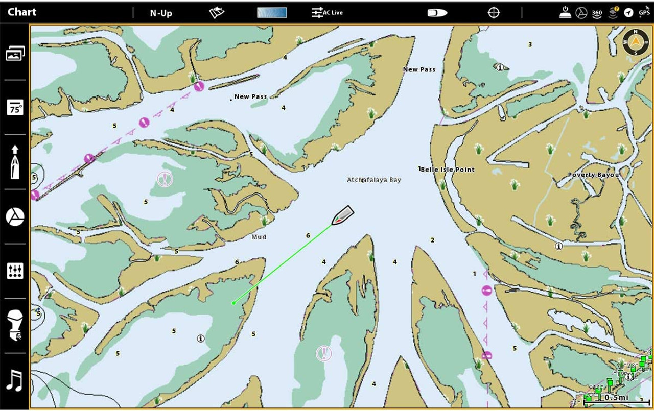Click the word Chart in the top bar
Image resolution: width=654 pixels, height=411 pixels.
(x=22, y=12)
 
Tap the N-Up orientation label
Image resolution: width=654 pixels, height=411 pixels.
(x=161, y=13)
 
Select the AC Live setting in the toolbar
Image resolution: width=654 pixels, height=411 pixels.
(x=328, y=13)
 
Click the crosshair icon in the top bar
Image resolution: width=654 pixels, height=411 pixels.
(x=494, y=13)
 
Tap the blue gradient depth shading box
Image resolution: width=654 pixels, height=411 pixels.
(x=272, y=13)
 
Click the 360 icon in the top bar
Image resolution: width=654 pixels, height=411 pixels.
(x=597, y=13)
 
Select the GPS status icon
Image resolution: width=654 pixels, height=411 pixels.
(x=644, y=12)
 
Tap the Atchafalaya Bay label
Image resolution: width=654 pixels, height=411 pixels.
(x=374, y=180)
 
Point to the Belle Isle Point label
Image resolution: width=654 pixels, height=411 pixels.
(x=448, y=170)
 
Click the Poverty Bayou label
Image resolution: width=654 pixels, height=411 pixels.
(x=593, y=175)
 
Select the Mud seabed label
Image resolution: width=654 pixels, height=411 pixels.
(x=259, y=237)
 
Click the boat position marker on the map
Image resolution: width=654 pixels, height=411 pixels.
(x=342, y=215)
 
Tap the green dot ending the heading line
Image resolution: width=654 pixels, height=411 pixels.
(x=233, y=303)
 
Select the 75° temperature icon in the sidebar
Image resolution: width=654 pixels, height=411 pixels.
(x=15, y=108)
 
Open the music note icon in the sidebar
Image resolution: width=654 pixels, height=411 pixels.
(x=15, y=381)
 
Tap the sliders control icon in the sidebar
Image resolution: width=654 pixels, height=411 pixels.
(x=15, y=271)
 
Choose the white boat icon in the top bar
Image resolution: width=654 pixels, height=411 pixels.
(x=437, y=13)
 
